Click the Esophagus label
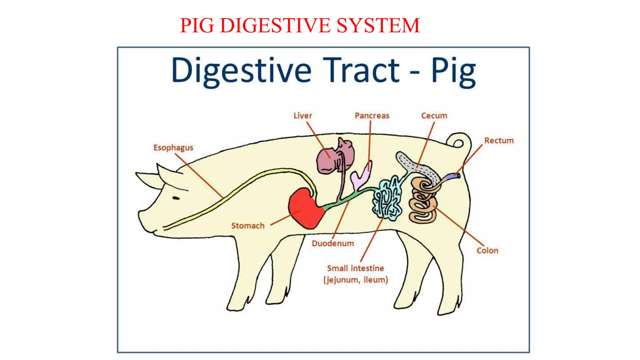tap(173, 147)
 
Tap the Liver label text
tap(302, 116)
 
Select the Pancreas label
tap(372, 116)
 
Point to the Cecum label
tap(434, 116)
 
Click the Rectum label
tap(499, 141)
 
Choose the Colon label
tap(487, 250)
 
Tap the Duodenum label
tap(333, 243)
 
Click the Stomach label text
tap(248, 226)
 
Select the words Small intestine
tap(355, 268)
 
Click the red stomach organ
tap(305, 209)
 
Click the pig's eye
tap(176, 198)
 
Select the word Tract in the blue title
tap(361, 70)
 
